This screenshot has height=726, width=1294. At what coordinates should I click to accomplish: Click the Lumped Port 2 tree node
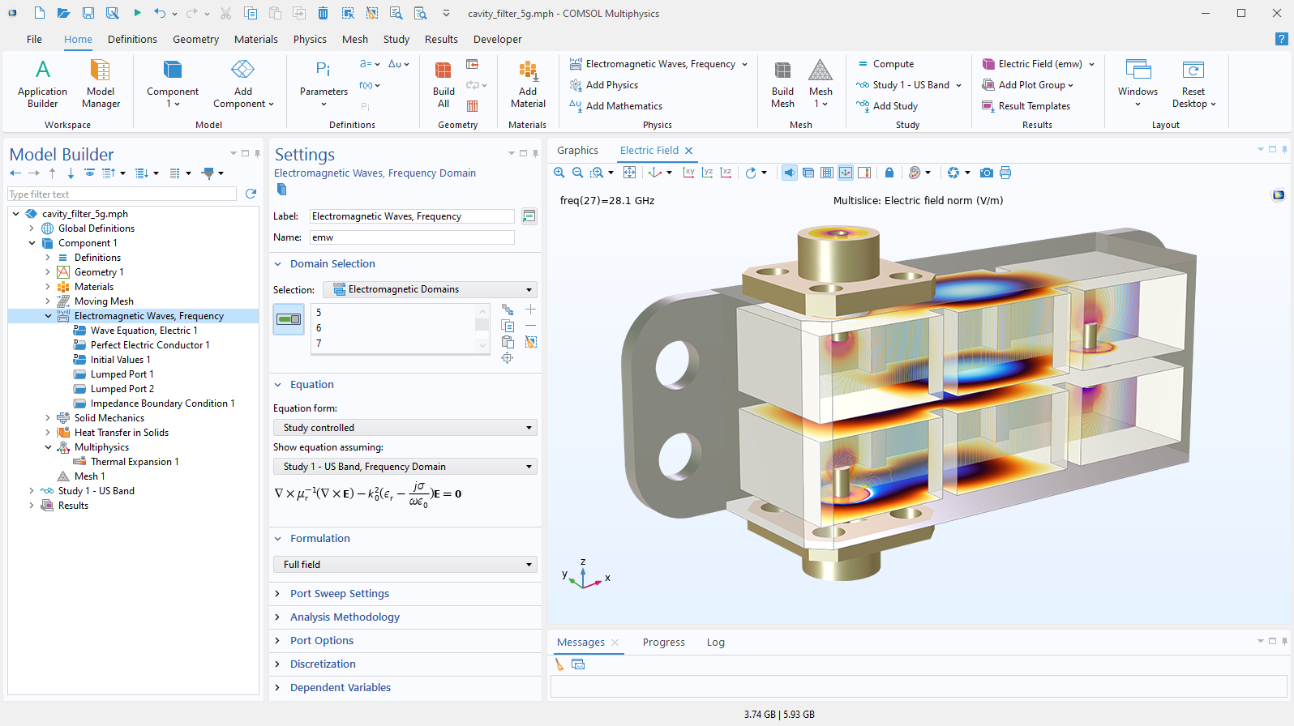click(x=122, y=389)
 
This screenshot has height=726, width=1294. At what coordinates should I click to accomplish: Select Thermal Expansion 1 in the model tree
click(x=135, y=462)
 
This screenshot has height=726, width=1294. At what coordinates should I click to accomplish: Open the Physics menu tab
click(x=310, y=39)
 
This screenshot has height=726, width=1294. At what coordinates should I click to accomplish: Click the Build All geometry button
click(x=443, y=83)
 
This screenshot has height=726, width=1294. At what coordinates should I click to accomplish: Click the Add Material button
click(x=528, y=83)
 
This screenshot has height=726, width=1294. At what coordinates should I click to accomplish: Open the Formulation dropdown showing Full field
click(x=405, y=565)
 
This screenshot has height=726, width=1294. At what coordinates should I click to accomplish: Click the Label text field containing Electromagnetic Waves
click(x=412, y=216)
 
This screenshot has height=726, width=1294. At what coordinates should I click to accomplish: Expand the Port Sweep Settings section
click(x=339, y=594)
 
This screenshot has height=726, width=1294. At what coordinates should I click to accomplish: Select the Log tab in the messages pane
click(x=715, y=643)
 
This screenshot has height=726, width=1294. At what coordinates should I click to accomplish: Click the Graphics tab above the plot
click(x=577, y=151)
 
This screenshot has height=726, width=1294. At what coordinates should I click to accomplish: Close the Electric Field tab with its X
click(x=689, y=151)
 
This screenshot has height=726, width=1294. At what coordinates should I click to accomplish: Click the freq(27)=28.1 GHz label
click(x=607, y=201)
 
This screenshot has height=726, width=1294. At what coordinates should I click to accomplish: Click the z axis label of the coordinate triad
click(x=583, y=562)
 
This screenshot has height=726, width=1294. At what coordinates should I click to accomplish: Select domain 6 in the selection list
click(x=319, y=328)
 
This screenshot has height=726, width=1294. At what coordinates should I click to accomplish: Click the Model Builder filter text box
click(x=122, y=194)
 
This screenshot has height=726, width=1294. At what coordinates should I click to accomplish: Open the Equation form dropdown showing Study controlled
click(x=405, y=428)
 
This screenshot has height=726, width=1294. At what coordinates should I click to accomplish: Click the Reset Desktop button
click(x=1193, y=83)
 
